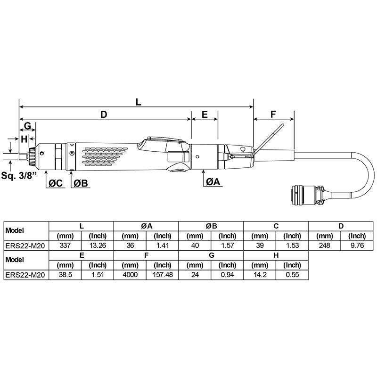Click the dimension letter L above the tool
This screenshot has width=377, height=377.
tap(138, 102)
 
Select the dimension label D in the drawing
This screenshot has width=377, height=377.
tap(104, 115)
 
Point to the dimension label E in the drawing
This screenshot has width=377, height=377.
tap(205, 115)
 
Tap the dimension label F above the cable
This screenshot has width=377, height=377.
tap(273, 115)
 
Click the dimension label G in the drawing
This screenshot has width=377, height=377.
tap(28, 126)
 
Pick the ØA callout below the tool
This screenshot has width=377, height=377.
tap(213, 182)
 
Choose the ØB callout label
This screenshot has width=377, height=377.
tap(81, 183)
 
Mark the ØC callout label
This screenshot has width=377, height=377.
tap(56, 183)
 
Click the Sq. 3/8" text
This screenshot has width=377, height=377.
tap(19, 175)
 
